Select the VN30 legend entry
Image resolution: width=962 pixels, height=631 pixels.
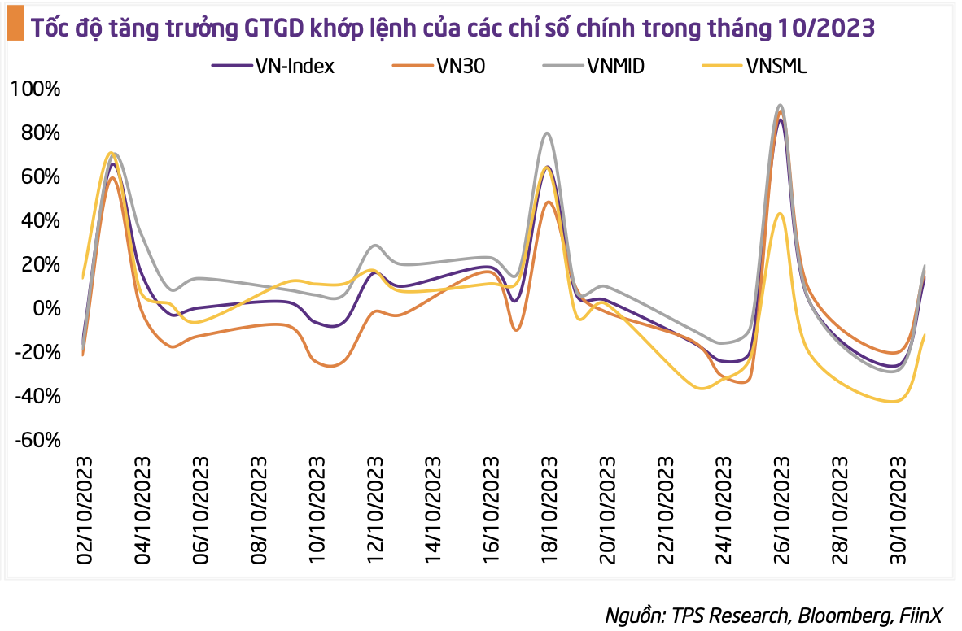point(460,67)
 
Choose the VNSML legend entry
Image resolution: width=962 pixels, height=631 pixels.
point(776,67)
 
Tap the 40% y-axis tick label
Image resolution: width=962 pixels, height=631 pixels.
point(38,220)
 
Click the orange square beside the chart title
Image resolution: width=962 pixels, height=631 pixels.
point(14,28)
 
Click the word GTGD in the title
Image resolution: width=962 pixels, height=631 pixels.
point(275,28)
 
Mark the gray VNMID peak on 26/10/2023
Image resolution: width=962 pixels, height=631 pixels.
point(780,106)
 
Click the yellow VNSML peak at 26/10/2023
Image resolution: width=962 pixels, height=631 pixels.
point(780,214)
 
